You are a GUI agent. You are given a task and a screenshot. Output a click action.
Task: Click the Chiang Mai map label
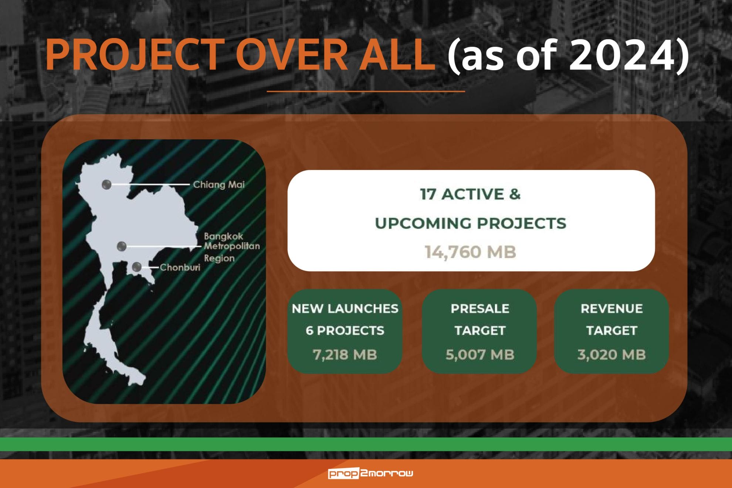coord(219,185)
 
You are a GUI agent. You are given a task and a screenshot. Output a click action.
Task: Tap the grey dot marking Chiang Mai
coord(106,184)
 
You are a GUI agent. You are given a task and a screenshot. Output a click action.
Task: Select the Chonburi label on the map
coord(180,267)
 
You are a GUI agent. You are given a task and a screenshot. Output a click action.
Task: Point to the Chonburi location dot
coord(136,267)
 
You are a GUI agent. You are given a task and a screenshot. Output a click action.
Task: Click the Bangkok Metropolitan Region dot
coord(121,246)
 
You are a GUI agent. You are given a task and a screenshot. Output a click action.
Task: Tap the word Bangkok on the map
coord(224,236)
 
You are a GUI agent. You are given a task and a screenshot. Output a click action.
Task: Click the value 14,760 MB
coord(470,252)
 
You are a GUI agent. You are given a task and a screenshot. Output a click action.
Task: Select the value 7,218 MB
coord(345,355)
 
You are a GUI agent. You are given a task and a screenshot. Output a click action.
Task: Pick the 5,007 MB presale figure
coord(480,355)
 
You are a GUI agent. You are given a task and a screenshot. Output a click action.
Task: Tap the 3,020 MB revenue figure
coord(611,355)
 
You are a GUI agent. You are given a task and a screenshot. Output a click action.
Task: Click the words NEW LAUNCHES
coord(345,308)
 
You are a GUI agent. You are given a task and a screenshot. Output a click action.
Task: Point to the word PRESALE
coord(480,308)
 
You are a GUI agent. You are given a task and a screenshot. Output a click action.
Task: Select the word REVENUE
coord(611,308)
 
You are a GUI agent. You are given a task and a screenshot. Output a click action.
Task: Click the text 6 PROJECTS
coord(345,330)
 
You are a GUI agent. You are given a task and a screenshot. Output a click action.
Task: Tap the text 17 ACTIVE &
coord(470,194)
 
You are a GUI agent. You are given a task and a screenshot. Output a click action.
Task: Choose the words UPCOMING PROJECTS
coord(470,223)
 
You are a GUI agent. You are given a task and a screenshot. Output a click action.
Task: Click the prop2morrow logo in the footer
coord(370,473)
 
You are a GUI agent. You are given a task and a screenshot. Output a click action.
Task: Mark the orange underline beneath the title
coord(366,91)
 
